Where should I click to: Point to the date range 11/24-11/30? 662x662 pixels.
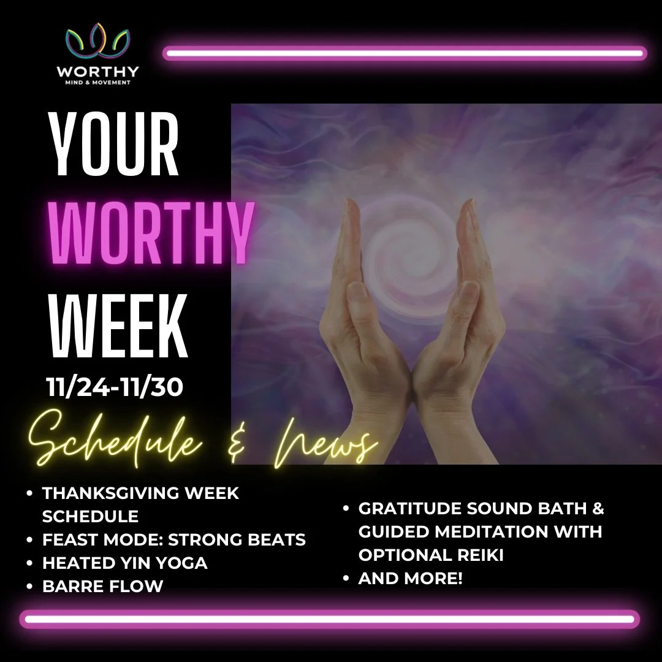click(x=115, y=388)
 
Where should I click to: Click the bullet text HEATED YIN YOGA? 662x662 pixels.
click(x=124, y=563)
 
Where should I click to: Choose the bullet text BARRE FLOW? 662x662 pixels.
click(x=102, y=586)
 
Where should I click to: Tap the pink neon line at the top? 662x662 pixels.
click(x=405, y=54)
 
